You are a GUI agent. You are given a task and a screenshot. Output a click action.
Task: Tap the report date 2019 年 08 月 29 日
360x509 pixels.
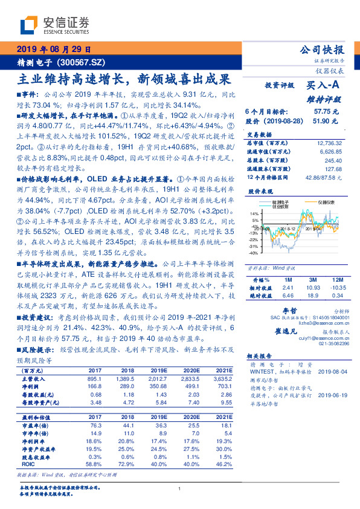(x=53, y=49)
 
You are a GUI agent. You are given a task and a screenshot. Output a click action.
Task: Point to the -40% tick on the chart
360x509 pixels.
(x=254, y=254)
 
